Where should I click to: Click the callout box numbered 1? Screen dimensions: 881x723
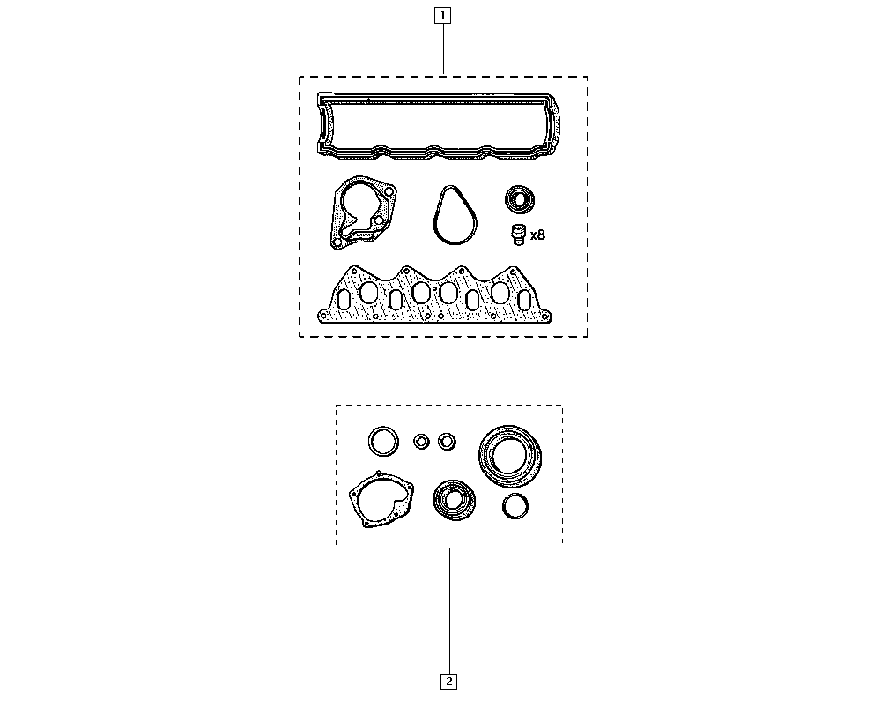[443, 15]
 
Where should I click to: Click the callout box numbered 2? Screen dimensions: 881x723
[448, 682]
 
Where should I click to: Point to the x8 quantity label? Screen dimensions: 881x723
[537, 235]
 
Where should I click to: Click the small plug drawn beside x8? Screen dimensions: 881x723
[517, 235]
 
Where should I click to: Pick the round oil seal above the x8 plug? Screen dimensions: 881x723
[520, 199]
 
